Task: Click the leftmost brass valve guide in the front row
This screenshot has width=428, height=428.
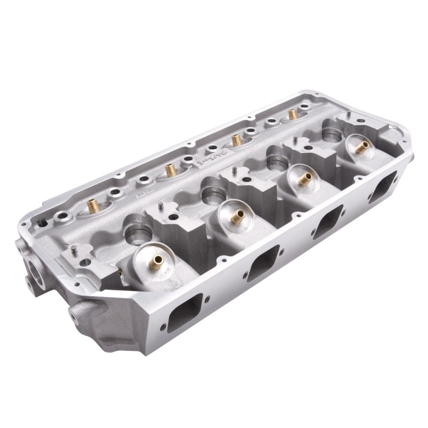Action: coord(156,261)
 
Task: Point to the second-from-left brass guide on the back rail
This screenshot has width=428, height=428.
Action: coord(170,170)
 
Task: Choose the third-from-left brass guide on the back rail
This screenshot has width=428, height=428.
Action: coord(235,141)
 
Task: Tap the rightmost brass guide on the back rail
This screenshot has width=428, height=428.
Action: coord(292,114)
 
